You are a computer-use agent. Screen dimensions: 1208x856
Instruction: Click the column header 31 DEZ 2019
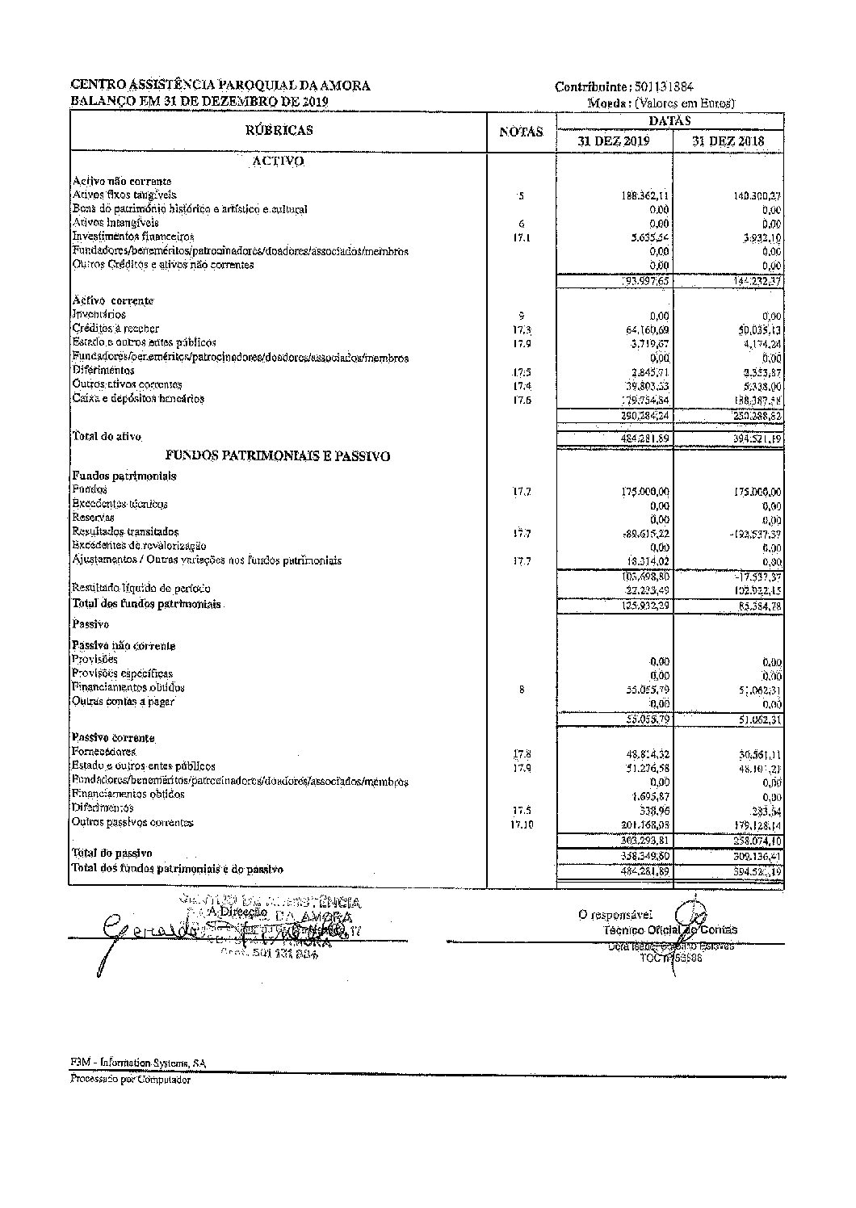click(615, 141)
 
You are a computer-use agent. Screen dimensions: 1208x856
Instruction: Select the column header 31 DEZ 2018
click(728, 141)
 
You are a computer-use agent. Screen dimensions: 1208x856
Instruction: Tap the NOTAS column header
click(521, 132)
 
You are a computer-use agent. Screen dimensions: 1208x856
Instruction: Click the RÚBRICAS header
click(279, 130)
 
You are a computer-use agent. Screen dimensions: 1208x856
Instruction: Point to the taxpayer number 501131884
click(665, 87)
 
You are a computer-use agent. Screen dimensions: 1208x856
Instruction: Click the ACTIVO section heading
click(279, 161)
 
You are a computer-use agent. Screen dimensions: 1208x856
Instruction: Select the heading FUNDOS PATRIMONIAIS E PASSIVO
click(278, 456)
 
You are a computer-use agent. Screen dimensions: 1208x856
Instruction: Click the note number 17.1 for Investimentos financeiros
click(522, 238)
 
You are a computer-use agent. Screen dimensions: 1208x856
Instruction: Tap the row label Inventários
click(99, 314)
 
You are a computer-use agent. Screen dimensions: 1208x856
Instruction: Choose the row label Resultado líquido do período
click(141, 588)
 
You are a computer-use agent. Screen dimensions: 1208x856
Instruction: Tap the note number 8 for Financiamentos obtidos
click(522, 690)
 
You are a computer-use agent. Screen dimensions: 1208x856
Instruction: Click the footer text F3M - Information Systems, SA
click(137, 1063)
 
